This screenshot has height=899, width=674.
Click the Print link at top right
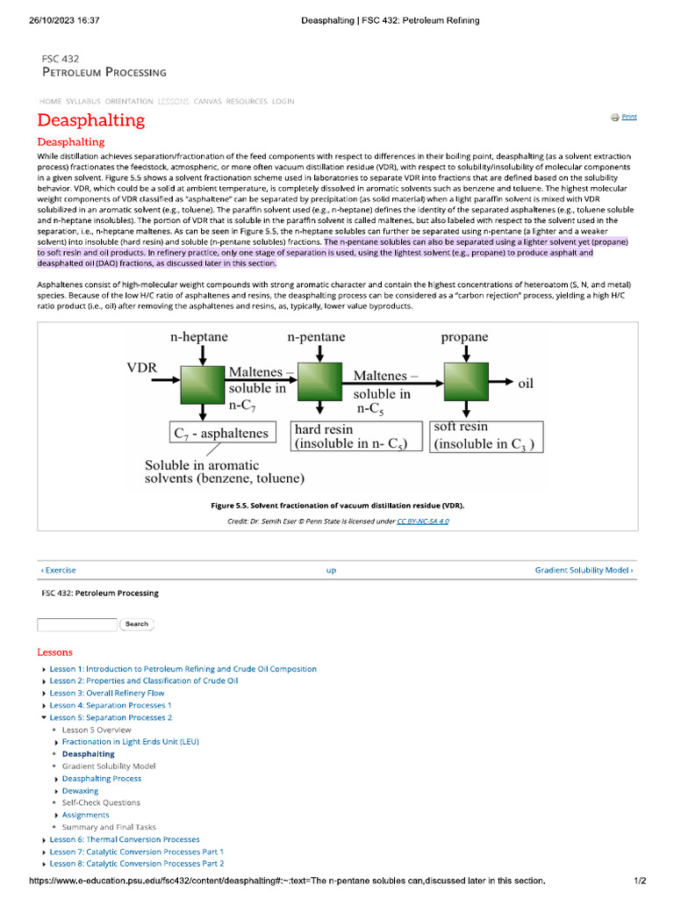point(628,117)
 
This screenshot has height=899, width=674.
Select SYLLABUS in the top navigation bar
point(84,102)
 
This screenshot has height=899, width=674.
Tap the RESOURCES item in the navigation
point(247,102)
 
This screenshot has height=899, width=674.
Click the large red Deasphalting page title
point(91,120)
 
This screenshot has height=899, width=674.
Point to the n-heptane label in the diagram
point(198,337)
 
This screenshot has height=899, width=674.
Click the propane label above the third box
point(464,337)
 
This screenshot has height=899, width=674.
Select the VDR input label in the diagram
point(141,368)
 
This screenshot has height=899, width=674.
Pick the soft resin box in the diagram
point(488,435)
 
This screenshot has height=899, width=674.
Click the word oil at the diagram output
point(526,384)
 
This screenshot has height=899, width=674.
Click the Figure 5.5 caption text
point(337,506)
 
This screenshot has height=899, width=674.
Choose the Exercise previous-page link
point(59,571)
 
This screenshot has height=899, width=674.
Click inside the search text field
point(76,624)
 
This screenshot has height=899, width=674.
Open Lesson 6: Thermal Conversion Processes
point(124,839)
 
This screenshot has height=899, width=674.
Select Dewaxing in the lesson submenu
point(80,790)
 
